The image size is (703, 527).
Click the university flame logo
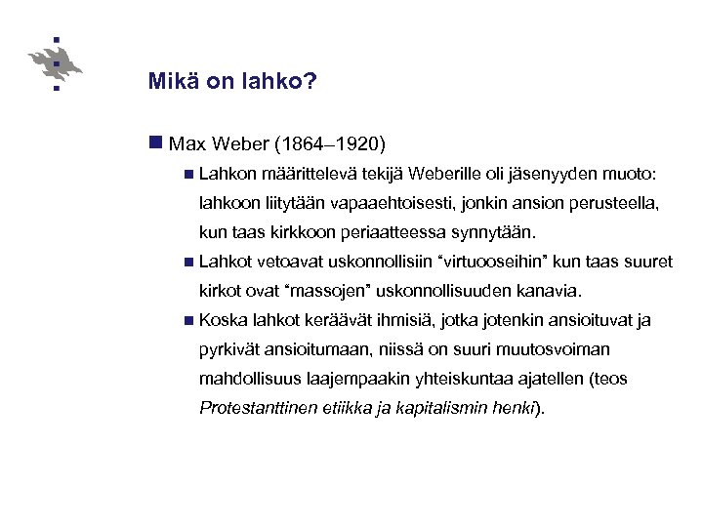[57, 63]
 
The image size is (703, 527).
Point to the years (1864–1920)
[332, 144]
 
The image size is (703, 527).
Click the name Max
[186, 144]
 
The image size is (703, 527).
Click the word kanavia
[551, 291]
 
